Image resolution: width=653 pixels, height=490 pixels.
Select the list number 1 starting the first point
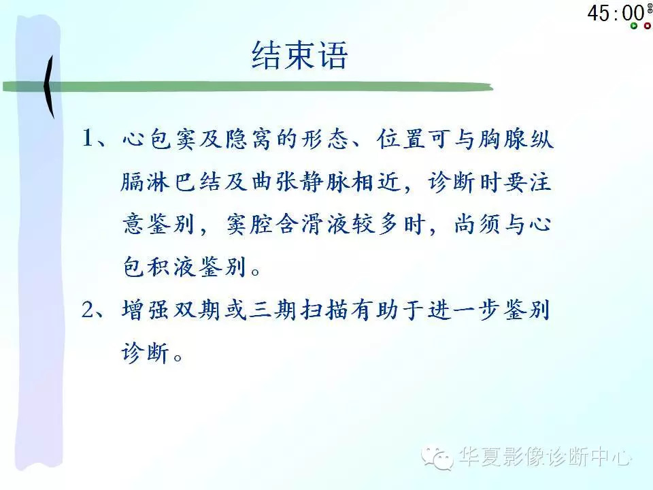coord(90,140)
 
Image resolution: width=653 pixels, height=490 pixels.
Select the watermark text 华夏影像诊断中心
coord(544,457)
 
